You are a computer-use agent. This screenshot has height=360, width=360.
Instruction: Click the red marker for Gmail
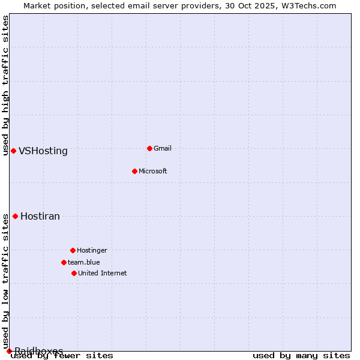[149, 148]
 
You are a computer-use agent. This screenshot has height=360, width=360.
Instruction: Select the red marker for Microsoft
[134, 171]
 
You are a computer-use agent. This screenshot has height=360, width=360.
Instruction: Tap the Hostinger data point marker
[73, 250]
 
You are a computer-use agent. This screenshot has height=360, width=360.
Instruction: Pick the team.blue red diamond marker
[64, 262]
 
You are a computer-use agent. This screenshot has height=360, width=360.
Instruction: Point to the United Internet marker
[74, 273]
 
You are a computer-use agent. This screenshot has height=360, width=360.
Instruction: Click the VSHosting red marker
[13, 151]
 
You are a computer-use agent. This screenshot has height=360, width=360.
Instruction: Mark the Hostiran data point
[15, 216]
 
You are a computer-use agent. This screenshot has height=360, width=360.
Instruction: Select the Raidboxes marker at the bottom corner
[9, 351]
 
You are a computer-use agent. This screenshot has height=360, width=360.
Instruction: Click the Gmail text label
[163, 148]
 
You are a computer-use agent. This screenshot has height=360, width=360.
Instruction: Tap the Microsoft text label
[152, 171]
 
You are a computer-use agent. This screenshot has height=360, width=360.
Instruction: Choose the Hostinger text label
[92, 250]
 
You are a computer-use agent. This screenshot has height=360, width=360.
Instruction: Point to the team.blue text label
[83, 262]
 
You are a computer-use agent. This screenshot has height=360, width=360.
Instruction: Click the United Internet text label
[102, 273]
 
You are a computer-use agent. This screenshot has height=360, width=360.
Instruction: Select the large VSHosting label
[43, 151]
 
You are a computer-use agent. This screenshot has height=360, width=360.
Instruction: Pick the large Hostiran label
[40, 217]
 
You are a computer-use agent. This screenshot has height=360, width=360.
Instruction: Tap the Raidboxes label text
[39, 350]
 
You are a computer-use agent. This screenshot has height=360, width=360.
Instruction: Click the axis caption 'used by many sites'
[301, 356]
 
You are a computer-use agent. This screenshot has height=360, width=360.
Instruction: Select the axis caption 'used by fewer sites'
[62, 356]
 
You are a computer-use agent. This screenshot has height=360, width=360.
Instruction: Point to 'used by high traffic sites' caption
[6, 85]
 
